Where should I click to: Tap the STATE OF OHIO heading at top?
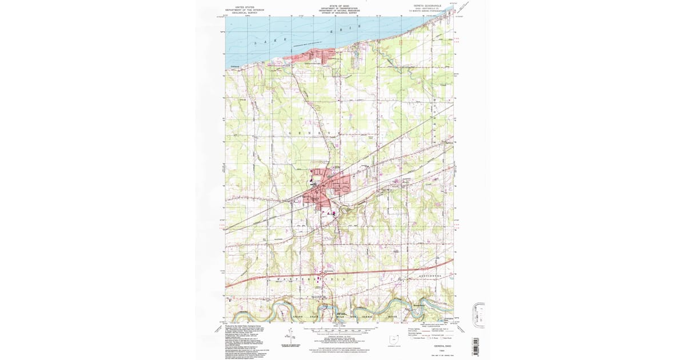pos(339,6)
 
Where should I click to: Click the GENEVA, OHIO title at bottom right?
pos(432,346)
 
